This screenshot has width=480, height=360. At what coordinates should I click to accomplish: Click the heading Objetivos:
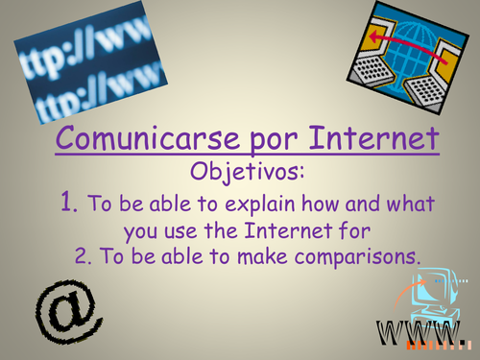point(238,175)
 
